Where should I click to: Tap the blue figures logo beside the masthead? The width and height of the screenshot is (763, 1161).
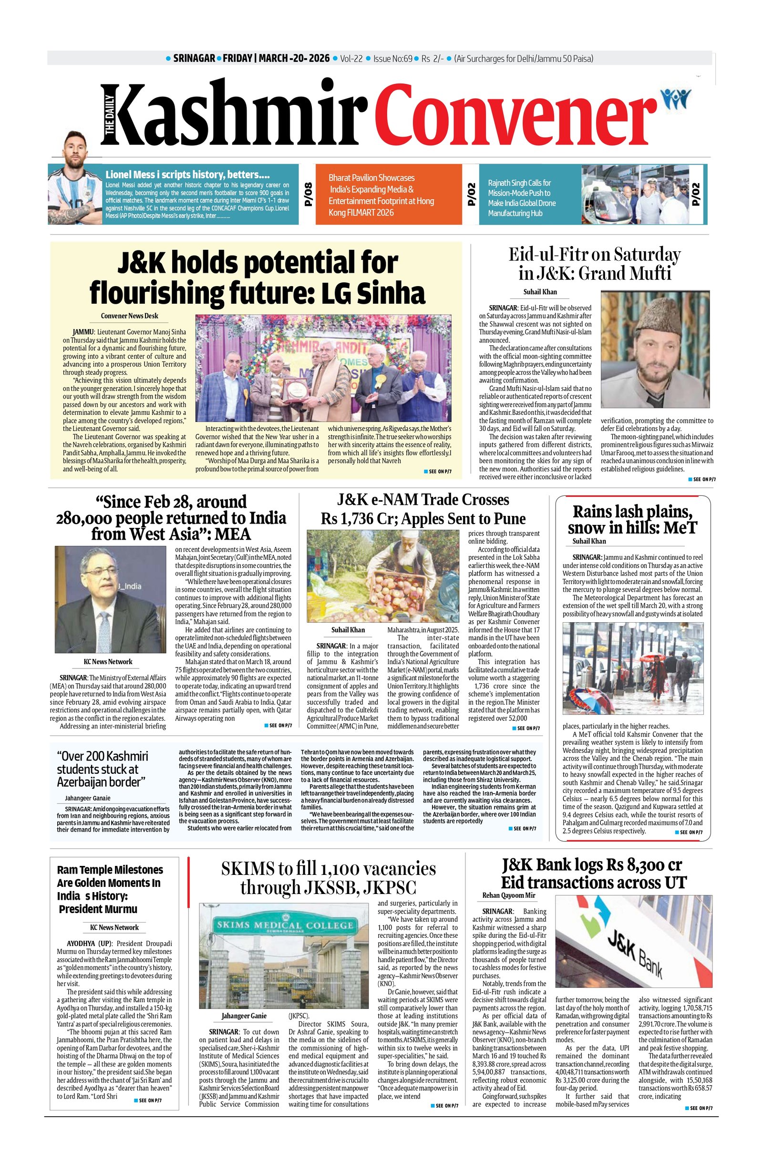pyautogui.click(x=675, y=99)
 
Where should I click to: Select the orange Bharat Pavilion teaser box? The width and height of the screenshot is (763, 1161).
pyautogui.click(x=388, y=195)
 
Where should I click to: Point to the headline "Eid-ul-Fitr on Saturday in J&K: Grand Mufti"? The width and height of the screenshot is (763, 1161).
pyautogui.click(x=594, y=264)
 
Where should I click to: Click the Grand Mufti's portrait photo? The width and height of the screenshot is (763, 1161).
pyautogui.click(x=655, y=349)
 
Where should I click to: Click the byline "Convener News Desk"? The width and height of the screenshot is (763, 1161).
pyautogui.click(x=129, y=316)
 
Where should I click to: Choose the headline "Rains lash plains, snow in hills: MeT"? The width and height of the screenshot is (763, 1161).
pyautogui.click(x=632, y=520)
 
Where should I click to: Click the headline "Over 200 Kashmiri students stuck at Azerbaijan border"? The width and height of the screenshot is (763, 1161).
pyautogui.click(x=103, y=769)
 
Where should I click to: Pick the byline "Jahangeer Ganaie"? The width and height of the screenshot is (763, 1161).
pyautogui.click(x=88, y=799)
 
